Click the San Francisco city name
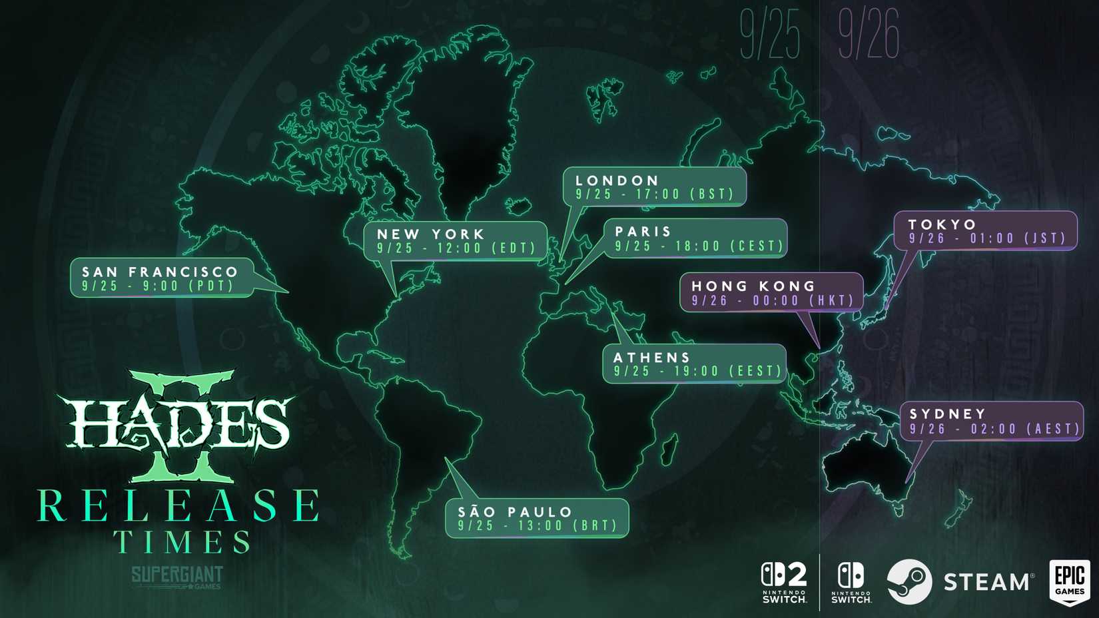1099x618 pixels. tap(160, 272)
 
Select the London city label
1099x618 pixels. tap(617, 180)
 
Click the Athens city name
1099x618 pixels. tap(651, 358)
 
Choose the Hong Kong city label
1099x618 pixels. tap(753, 286)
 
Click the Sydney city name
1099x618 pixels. tap(947, 414)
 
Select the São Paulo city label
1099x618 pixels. tap(515, 512)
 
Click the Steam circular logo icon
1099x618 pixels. tap(909, 582)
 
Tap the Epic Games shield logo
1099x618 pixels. tap(1070, 582)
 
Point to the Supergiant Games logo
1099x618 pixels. tap(177, 577)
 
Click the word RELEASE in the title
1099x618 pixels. tap(179, 506)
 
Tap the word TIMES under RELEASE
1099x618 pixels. tap(182, 542)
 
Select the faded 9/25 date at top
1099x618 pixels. tap(770, 35)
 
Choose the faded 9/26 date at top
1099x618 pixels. tap(869, 35)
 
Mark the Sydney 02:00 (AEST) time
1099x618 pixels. tap(1025, 430)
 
